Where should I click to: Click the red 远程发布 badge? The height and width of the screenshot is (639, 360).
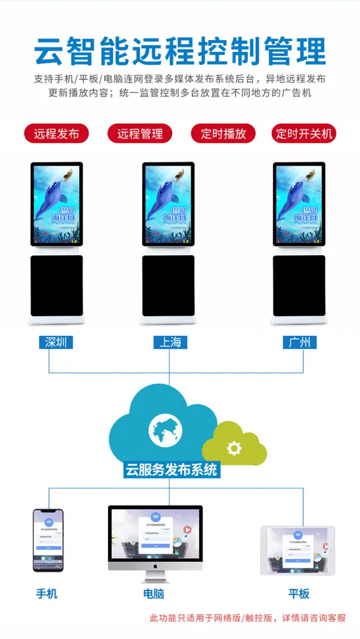[x=56, y=134]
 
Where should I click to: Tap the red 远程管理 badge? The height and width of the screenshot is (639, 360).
[x=140, y=134]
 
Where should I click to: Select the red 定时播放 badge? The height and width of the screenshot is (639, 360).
[x=223, y=134]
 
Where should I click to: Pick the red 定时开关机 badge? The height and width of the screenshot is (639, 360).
[x=304, y=134]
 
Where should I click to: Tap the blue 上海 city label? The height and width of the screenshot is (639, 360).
[x=170, y=342]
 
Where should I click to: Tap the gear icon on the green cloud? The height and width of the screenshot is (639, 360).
[x=235, y=448]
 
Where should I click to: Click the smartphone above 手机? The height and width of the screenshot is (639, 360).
[x=48, y=540]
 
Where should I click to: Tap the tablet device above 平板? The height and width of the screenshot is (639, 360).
[x=297, y=550]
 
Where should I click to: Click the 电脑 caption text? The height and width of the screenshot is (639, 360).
[x=154, y=594]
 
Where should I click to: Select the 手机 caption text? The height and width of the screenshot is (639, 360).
[x=47, y=594]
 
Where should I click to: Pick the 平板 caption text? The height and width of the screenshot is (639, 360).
[x=299, y=594]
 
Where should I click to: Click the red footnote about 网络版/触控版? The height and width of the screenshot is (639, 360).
[x=248, y=618]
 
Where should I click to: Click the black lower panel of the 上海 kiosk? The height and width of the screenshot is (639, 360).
[x=169, y=286]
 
